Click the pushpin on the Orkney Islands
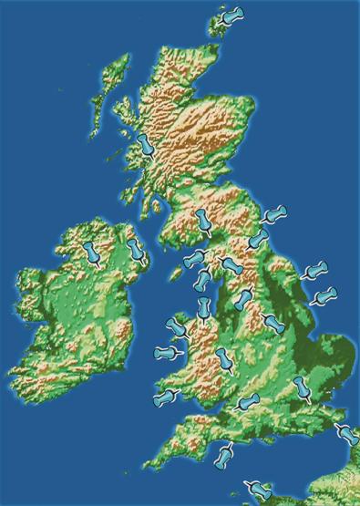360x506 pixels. tap(234, 16)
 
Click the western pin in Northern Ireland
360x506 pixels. tap(91, 252)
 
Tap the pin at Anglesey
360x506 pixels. tap(174, 327)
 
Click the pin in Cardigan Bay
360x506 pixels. tap(165, 352)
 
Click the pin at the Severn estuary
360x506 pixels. tap(246, 401)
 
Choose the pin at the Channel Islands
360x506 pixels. tap(262, 490)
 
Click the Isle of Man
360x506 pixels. tap(174, 270)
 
